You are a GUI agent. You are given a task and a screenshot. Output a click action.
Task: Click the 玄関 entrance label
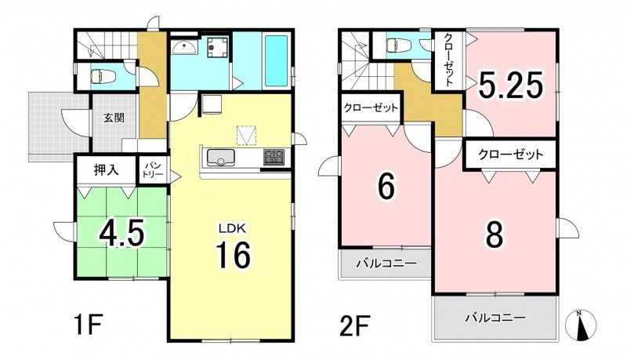point(114,118)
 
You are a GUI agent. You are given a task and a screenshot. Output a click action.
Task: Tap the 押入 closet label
point(107,170)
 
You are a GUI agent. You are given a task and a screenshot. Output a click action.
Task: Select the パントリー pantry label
point(154,170)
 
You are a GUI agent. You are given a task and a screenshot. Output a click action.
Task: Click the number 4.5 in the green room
point(121,233)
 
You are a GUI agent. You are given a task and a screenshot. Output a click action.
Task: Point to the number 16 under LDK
point(233,255)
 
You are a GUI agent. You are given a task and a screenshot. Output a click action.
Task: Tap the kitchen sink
point(220,157)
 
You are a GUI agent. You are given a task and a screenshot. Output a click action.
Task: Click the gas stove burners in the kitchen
point(274,156)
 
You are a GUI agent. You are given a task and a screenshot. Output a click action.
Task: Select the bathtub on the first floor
point(277,61)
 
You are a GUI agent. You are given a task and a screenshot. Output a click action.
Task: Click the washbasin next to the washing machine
point(184,48)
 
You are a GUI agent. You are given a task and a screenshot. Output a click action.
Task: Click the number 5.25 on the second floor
point(512,85)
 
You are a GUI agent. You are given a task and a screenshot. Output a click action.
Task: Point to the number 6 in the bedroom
point(386,187)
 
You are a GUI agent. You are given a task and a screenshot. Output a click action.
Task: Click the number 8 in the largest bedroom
point(495,234)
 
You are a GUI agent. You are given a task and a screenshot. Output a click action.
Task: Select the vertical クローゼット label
point(448,60)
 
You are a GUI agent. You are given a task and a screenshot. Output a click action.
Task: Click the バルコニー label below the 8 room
point(495,318)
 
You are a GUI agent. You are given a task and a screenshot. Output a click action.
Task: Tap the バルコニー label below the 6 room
point(386,264)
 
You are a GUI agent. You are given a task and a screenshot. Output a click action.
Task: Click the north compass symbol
point(581,325)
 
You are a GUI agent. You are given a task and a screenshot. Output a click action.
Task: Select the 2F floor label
point(354,325)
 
